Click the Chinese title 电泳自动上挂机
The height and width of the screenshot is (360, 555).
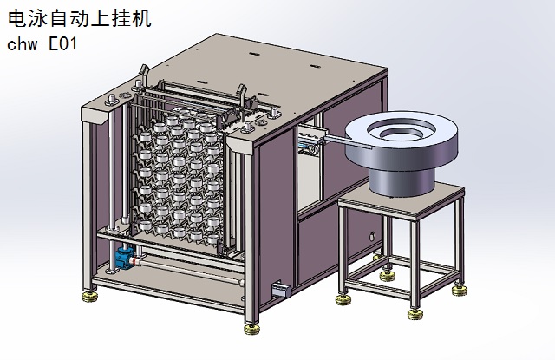[80, 18]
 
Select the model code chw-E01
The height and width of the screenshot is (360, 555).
[42, 44]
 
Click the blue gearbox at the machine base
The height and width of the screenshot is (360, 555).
[125, 257]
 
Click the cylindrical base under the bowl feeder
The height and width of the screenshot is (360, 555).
[401, 181]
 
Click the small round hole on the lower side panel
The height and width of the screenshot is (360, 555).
[372, 237]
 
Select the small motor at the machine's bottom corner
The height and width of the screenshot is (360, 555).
[281, 289]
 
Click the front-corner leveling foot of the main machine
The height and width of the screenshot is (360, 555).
[251, 329]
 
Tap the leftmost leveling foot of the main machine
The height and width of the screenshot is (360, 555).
[90, 297]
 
